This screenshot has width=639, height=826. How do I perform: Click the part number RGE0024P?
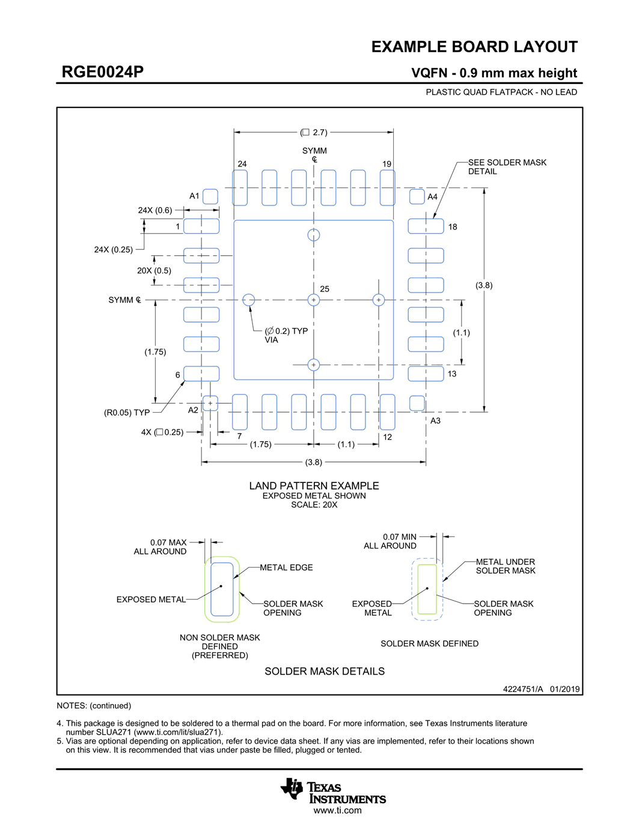[x=103, y=72]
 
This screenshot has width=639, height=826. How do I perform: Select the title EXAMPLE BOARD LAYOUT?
[x=474, y=47]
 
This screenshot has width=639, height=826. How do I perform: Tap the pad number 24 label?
[x=242, y=164]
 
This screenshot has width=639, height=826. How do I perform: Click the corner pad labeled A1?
[x=210, y=196]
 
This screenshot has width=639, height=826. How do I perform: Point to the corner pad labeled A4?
[x=417, y=196]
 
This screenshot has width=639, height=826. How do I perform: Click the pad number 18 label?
[x=453, y=227]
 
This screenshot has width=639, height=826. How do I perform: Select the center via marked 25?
[x=314, y=300]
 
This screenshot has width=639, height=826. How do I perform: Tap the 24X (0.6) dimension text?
[x=155, y=210]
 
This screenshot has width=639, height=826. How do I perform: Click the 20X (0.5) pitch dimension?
[x=154, y=270]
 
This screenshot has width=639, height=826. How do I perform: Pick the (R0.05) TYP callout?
[x=127, y=413]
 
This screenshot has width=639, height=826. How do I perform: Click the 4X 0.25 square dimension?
[x=162, y=432]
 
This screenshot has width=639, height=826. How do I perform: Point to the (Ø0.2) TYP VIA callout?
[x=286, y=335]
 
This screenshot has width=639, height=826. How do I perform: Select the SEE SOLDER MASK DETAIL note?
[x=507, y=167]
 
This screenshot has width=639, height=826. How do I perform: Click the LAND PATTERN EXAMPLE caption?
[x=314, y=486]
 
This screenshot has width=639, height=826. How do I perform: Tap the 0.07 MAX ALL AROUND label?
[x=161, y=547]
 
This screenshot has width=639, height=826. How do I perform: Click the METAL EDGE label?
[x=286, y=568]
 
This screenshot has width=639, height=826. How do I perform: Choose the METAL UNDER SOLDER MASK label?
[x=505, y=566]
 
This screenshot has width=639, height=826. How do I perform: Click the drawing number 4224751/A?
[x=522, y=689]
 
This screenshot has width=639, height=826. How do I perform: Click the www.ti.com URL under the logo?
[x=337, y=810]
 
